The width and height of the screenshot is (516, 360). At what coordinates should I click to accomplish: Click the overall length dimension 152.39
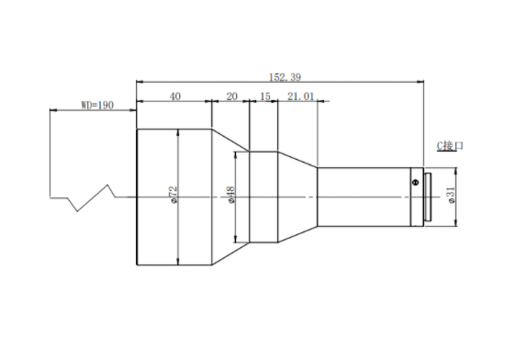[285, 77]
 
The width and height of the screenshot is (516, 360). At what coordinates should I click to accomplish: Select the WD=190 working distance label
[97, 106]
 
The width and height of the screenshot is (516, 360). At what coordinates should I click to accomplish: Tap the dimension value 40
[175, 96]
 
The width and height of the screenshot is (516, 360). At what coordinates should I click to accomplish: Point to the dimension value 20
[231, 96]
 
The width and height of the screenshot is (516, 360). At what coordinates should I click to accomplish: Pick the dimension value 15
[265, 96]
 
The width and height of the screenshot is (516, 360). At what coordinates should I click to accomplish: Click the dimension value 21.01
[301, 96]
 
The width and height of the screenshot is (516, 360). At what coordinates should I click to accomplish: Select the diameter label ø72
[174, 195]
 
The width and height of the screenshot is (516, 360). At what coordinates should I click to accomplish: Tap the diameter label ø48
[231, 195]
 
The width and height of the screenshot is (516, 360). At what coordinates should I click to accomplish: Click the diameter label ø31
[452, 195]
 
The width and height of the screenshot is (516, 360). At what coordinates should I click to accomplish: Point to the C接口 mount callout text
[450, 146]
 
